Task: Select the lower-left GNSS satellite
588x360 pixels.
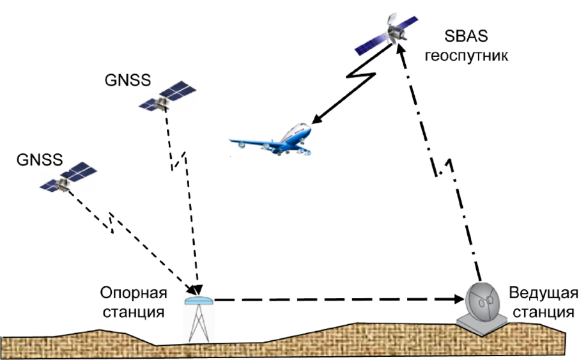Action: click(x=66, y=179)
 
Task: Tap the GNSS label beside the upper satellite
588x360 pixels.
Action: click(x=127, y=81)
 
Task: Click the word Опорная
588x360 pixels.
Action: click(x=133, y=293)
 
